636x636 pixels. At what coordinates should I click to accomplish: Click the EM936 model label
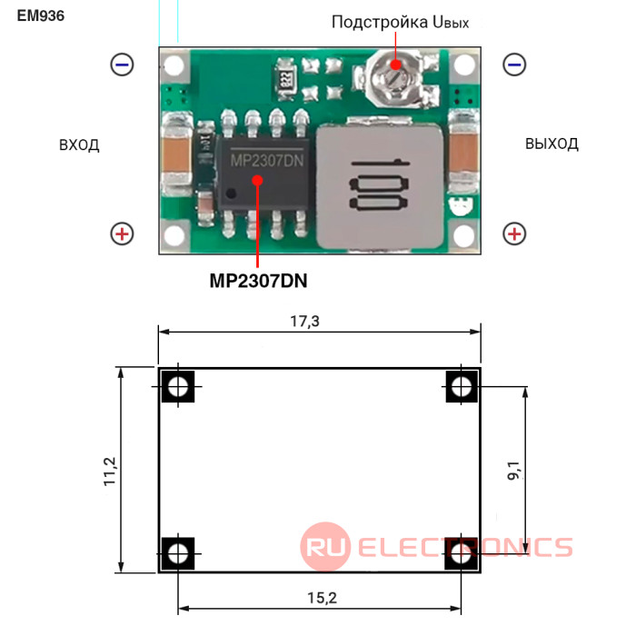tap(41, 15)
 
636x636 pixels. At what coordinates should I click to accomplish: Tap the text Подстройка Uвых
tap(400, 23)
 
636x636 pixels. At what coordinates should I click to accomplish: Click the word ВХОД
tap(79, 144)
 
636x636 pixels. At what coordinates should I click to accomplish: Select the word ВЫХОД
tap(552, 144)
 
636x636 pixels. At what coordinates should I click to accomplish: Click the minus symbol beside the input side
tap(122, 65)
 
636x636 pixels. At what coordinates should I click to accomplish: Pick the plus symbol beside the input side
tap(122, 234)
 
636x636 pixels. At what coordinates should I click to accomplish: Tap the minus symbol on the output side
tap(514, 65)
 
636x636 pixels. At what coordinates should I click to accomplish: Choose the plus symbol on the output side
tap(514, 234)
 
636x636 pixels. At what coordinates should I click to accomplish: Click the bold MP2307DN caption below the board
tap(258, 281)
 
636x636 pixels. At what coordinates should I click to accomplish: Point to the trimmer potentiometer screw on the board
tap(392, 78)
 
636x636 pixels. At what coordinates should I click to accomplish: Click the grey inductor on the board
tap(380, 185)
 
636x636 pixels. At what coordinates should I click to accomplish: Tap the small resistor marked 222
tap(284, 78)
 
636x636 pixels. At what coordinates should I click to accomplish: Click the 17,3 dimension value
tap(305, 322)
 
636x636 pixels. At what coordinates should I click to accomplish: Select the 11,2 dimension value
tap(110, 471)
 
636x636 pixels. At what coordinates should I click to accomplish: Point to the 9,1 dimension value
tap(513, 471)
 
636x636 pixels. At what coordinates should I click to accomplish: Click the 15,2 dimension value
tap(322, 598)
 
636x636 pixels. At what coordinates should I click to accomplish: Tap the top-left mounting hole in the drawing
tap(178, 386)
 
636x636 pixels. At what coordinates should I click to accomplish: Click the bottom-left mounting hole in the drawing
tap(178, 553)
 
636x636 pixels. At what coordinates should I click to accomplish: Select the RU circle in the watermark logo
tap(325, 547)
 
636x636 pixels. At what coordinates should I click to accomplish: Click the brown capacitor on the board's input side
tap(176, 155)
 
